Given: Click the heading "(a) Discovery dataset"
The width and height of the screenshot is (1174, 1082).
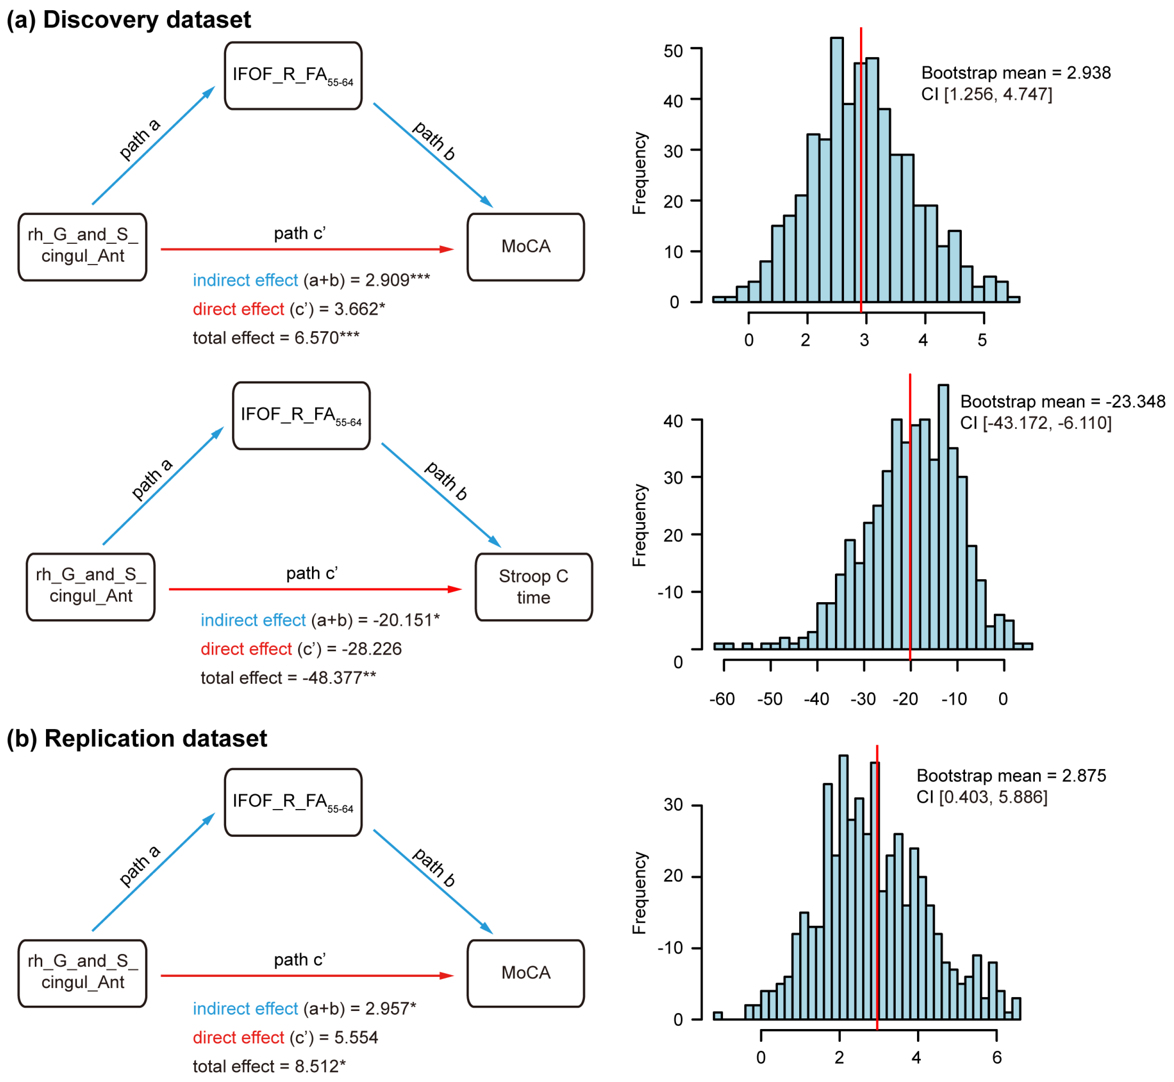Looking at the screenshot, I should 129,20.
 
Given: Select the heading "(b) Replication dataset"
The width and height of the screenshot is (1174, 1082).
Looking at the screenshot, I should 137,739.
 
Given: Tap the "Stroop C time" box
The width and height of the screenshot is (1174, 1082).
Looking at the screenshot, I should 533,587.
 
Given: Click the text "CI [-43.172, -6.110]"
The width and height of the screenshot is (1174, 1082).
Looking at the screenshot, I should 1035,423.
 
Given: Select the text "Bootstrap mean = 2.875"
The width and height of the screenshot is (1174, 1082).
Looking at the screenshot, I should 1011,776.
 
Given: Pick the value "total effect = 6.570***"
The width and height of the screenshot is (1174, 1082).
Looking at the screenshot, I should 276,338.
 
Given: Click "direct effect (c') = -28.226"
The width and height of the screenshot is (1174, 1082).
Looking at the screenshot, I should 301,649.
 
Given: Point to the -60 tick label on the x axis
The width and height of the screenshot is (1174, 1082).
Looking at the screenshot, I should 722,699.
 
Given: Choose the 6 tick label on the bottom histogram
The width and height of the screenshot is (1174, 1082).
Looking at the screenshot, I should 997,1057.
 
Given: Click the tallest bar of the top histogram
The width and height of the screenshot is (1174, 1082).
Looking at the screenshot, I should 837,170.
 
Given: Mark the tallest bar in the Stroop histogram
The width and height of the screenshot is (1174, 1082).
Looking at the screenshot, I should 943,515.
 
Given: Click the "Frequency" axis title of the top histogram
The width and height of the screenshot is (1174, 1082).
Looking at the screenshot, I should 640,173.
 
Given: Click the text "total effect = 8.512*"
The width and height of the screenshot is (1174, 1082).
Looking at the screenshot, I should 269,1066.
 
